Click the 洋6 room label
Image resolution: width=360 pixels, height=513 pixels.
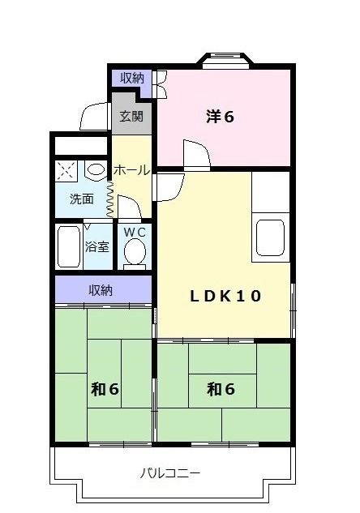tap(220, 117)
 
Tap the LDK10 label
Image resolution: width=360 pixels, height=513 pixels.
tap(226, 296)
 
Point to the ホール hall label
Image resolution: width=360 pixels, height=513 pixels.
tap(131, 170)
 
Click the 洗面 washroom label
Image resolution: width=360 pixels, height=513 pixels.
tap(81, 199)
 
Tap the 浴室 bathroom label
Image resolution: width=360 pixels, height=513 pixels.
tap(98, 246)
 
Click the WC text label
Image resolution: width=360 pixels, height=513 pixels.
tap(135, 233)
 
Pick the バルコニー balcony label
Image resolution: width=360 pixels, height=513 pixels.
tap(170, 472)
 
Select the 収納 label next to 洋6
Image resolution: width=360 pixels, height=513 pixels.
tap(132, 78)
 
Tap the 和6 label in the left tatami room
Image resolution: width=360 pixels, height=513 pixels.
tap(105, 390)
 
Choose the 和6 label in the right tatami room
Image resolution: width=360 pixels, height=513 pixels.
tap(221, 390)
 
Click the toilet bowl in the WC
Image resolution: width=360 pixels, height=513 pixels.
tap(135, 254)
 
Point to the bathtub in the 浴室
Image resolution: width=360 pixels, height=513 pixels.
tap(69, 246)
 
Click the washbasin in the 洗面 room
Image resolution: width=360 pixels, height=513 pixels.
tap(95, 171)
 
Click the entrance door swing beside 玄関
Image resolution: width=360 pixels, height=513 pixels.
tap(93, 118)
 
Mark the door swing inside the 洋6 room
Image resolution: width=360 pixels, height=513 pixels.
tap(195, 155)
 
